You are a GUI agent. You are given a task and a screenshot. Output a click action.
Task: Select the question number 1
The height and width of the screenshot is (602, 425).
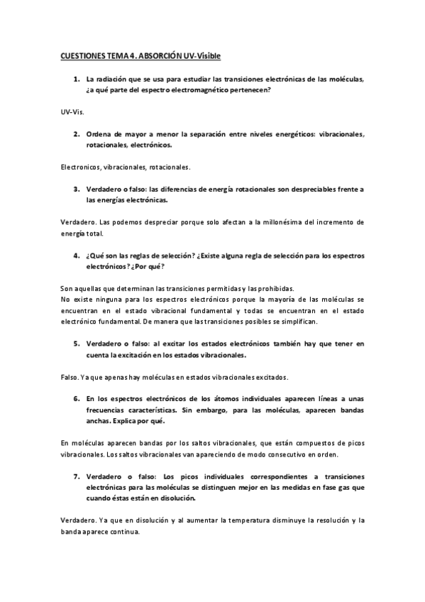click(77, 80)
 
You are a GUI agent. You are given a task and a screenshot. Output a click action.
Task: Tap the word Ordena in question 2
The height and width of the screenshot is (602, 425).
click(99, 134)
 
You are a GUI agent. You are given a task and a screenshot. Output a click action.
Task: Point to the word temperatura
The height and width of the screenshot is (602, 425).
click(243, 520)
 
